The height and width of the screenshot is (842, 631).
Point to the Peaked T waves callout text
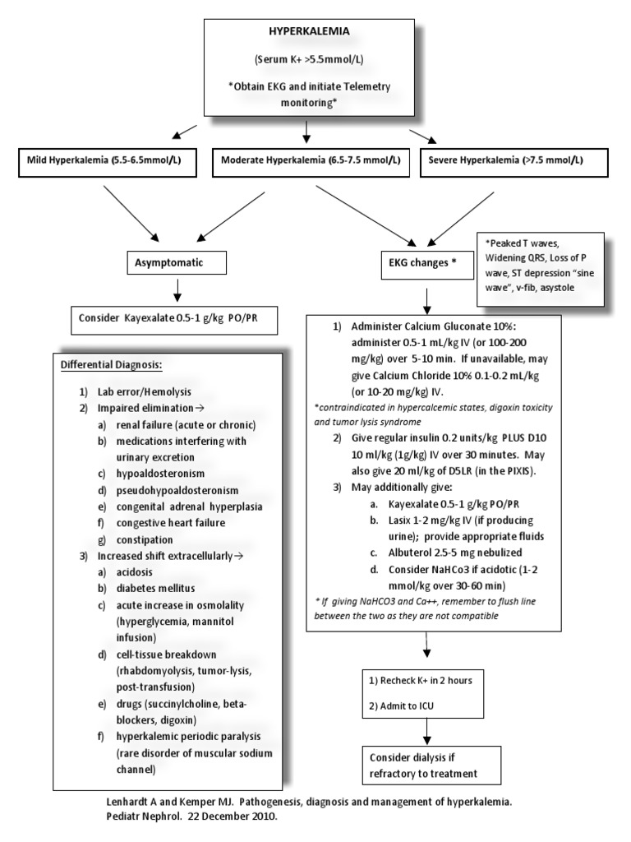pyautogui.click(x=543, y=268)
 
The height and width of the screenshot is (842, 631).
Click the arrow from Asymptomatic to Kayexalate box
pyautogui.click(x=177, y=289)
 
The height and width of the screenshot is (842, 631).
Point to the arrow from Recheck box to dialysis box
pyautogui.click(x=426, y=730)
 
